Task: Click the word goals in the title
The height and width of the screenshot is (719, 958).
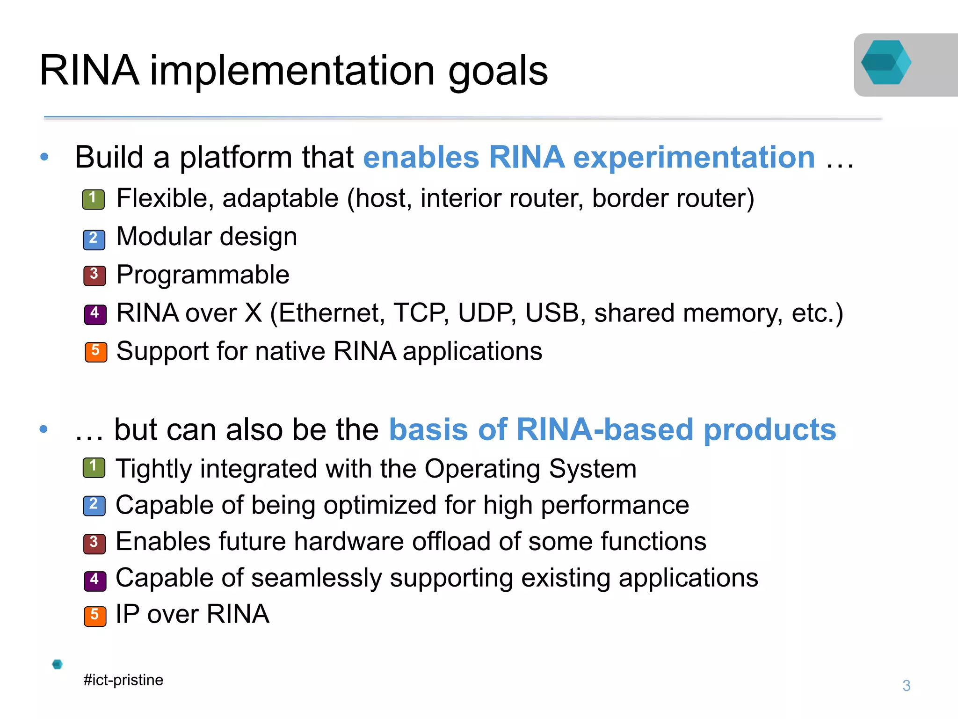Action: tap(498, 71)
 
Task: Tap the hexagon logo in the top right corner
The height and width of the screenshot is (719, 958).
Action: tap(886, 63)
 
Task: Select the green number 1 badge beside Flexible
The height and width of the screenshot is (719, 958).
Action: tap(94, 199)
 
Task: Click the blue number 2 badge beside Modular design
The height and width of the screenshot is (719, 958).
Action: tap(94, 239)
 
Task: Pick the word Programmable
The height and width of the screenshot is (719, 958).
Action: tap(203, 275)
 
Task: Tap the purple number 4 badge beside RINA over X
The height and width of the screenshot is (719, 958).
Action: tap(95, 314)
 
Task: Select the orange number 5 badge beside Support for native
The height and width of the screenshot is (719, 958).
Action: tap(96, 352)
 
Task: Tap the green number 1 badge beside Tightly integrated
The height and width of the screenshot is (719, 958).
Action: tap(94, 467)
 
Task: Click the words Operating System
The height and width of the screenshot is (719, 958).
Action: tap(530, 469)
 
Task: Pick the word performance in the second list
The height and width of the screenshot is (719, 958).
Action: tap(615, 506)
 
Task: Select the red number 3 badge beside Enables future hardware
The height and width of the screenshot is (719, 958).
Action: tap(94, 544)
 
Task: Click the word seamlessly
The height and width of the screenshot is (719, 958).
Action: tap(317, 578)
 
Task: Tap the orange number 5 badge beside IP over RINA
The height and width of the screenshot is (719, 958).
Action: tap(95, 616)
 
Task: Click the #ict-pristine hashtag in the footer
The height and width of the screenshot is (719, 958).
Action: tap(123, 680)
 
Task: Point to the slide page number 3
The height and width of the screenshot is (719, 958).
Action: tap(906, 685)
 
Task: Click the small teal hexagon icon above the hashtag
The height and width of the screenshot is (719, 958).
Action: tap(58, 664)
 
